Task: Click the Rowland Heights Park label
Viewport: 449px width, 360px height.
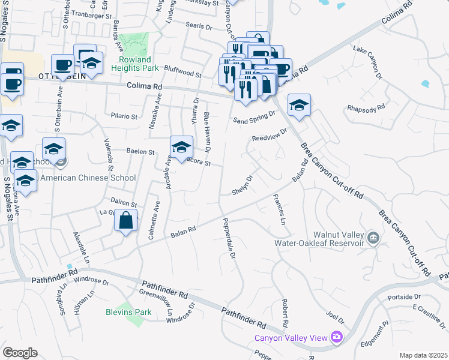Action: [139, 64]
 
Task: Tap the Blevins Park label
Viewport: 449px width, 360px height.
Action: [128, 312]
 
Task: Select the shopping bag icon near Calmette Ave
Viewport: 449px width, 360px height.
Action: [127, 221]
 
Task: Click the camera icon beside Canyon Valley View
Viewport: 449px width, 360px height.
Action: [337, 338]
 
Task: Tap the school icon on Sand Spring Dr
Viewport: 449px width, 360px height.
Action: [299, 106]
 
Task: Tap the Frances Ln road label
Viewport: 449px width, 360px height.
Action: [279, 210]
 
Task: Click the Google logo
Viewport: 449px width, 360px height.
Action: [20, 353]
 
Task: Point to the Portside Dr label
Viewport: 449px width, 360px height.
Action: [404, 297]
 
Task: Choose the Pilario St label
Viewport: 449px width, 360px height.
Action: [124, 116]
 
